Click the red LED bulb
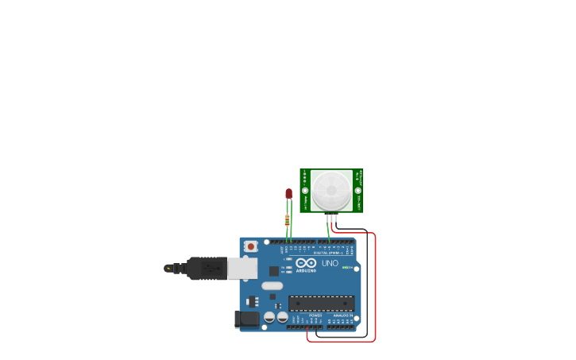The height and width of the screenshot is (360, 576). point(288,193)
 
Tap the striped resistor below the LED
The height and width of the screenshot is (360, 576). point(287,220)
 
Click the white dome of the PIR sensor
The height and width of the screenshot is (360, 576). point(330,190)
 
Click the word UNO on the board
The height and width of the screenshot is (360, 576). point(330,263)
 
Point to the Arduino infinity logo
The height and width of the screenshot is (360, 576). point(306,263)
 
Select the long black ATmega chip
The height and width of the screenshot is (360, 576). point(322,302)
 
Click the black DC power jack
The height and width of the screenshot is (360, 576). point(247,319)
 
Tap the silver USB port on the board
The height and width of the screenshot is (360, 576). point(242,268)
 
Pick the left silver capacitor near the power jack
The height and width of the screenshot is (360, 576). point(269,316)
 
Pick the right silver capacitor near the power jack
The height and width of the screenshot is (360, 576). point(282,316)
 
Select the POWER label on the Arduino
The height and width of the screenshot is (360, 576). point(315,315)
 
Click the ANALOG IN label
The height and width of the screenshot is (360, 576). point(343,315)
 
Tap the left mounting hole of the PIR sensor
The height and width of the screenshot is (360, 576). point(304,190)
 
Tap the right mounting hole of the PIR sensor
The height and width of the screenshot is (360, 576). point(358,190)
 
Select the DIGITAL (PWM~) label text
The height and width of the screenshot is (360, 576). point(329,253)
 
